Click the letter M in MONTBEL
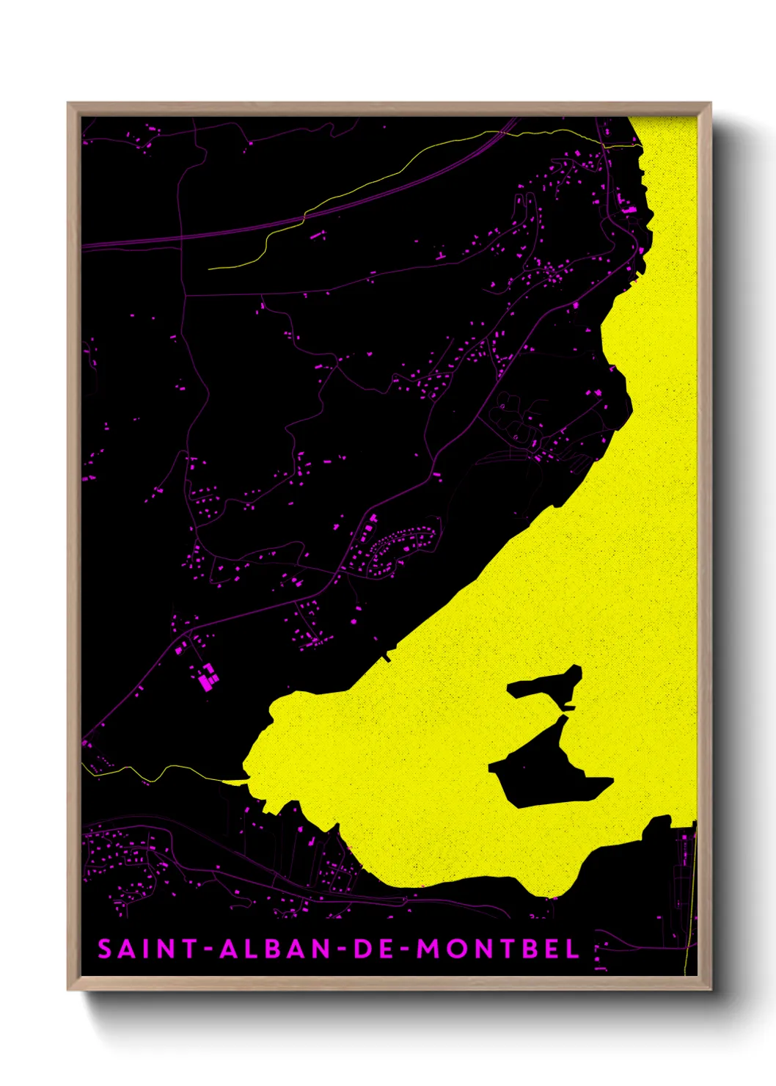click(428, 949)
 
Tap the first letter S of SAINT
click(105, 949)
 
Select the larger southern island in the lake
click(546, 770)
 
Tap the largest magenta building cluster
click(208, 678)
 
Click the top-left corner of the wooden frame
click(68, 103)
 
